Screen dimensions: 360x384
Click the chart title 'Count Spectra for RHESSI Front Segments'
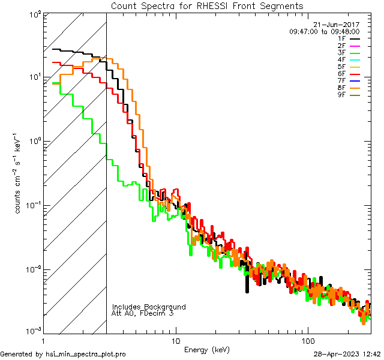[x=208, y=5]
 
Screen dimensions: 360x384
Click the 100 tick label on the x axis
[x=308, y=341]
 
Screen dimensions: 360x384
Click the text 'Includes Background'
[x=149, y=307]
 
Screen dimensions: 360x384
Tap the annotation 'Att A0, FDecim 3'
[x=142, y=313]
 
